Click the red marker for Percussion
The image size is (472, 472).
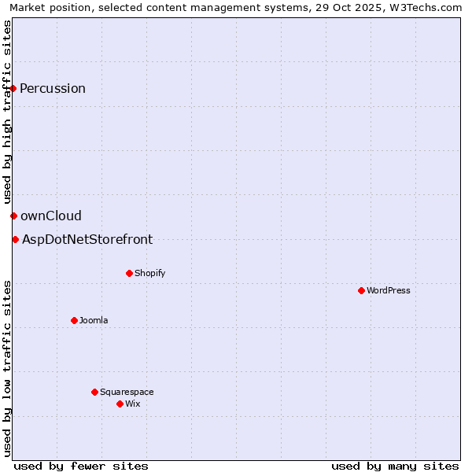click(x=13, y=88)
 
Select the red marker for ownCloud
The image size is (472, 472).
click(x=13, y=216)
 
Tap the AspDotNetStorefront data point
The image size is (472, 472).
click(x=15, y=239)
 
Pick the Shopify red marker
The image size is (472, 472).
click(x=129, y=273)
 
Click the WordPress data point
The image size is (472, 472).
click(x=361, y=290)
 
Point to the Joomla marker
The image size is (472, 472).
click(x=74, y=320)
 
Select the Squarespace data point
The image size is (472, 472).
click(x=94, y=392)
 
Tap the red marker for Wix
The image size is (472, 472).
click(x=120, y=404)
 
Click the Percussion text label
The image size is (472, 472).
click(x=53, y=88)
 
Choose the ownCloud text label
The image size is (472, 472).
click(x=51, y=216)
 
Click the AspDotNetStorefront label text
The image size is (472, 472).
click(x=87, y=239)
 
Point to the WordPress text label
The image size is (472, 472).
click(x=389, y=290)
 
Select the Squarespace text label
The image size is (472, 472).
click(x=127, y=392)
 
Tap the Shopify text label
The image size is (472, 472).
click(x=149, y=273)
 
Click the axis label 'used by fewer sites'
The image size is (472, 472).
click(x=81, y=466)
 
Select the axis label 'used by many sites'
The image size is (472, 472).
click(x=395, y=466)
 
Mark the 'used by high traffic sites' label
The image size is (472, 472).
click(x=7, y=112)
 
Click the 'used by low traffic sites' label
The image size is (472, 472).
click(x=7, y=368)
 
